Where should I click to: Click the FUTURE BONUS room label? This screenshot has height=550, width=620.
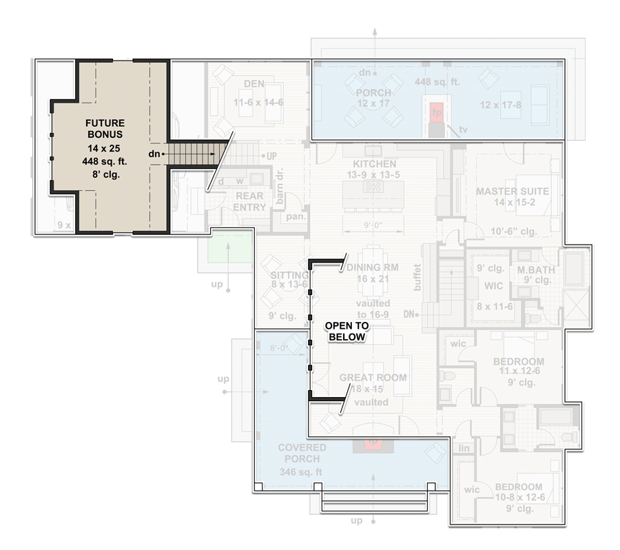pyautogui.click(x=105, y=129)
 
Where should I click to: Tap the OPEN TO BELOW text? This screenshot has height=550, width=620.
pyautogui.click(x=347, y=331)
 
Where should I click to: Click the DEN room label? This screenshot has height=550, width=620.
pyautogui.click(x=254, y=84)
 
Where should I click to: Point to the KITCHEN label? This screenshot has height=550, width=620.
pyautogui.click(x=374, y=164)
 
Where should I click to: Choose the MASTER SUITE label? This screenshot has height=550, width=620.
pyautogui.click(x=512, y=191)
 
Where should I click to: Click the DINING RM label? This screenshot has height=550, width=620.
pyautogui.click(x=373, y=267)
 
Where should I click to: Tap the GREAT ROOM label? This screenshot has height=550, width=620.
pyautogui.click(x=373, y=378)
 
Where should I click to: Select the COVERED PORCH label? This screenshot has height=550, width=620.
pyautogui.click(x=302, y=454)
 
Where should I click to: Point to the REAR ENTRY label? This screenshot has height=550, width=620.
pyautogui.click(x=249, y=202)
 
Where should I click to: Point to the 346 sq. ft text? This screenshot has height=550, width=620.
pyautogui.click(x=301, y=472)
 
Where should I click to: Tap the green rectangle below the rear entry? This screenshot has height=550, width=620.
pyautogui.click(x=232, y=247)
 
